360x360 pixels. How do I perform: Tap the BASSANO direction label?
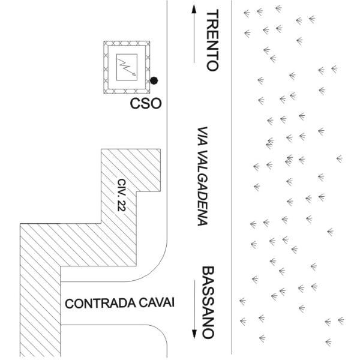coord(208,303)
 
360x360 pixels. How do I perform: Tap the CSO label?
coord(146,104)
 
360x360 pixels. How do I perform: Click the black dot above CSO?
coord(154,80)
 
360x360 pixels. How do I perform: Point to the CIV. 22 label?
coord(122,196)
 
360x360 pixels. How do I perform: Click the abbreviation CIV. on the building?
coord(122,188)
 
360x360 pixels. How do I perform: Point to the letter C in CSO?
coord(136,104)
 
